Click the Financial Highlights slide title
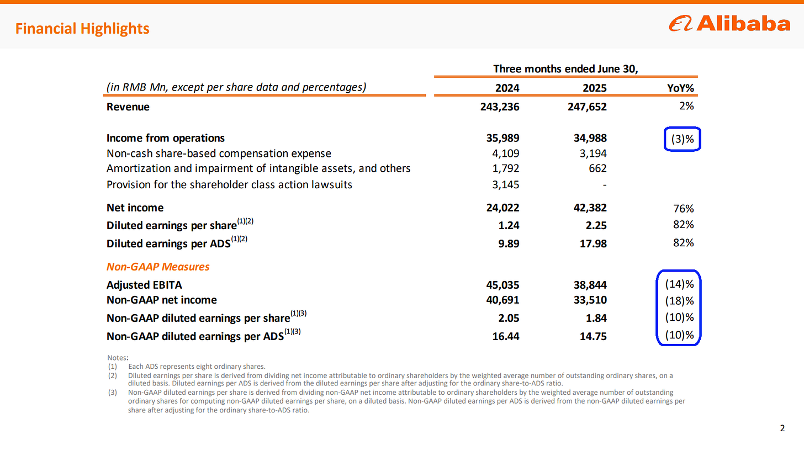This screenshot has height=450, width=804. coord(82,28)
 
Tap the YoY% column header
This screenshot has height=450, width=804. coord(681,87)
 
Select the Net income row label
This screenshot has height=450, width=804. coord(135,208)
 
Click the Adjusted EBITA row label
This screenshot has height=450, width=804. coord(144,285)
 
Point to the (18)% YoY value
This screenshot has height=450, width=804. coord(679,301)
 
